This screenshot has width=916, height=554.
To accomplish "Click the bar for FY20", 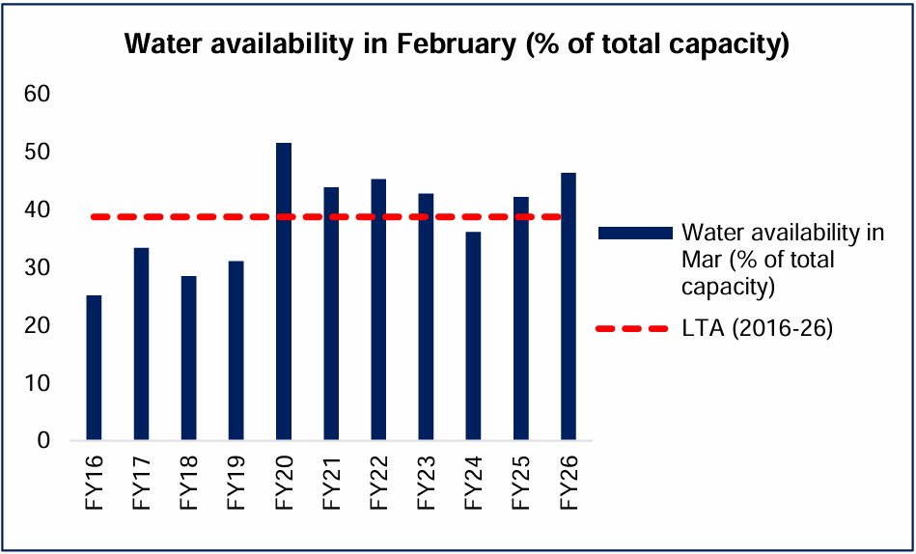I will (x=284, y=291).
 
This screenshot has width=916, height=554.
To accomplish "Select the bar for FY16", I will (x=94, y=368).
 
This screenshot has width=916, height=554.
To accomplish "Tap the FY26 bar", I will (x=569, y=306).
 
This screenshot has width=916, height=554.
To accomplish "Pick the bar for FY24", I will (x=473, y=336).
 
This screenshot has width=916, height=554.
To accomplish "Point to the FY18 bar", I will (x=189, y=358).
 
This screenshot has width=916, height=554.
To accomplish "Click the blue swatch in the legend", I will (x=634, y=233).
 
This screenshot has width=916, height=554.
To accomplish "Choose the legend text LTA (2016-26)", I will (x=757, y=329).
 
